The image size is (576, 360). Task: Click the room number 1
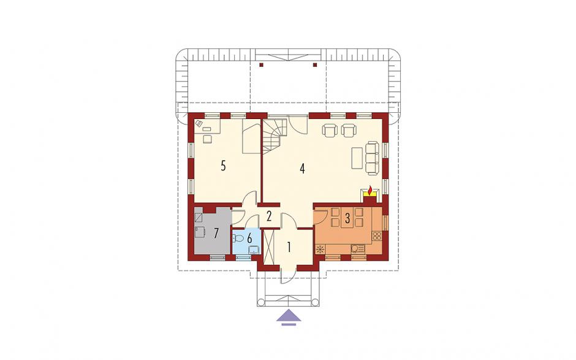[x=289, y=247]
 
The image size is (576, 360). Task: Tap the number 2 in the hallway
[x=269, y=216]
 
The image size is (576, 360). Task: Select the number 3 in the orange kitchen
[x=347, y=218]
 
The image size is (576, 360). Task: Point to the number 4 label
[x=302, y=169]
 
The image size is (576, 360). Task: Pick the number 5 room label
[x=223, y=166]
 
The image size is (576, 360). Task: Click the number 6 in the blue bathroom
[x=250, y=239]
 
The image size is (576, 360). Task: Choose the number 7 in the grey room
[x=216, y=233]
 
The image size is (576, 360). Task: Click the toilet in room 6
[x=238, y=239]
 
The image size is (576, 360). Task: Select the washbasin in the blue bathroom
[x=254, y=250]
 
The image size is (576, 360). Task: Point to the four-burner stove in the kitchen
[x=377, y=236]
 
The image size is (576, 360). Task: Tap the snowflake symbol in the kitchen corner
[x=320, y=249]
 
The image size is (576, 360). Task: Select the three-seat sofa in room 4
[x=372, y=157]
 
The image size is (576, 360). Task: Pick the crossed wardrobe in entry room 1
[x=269, y=247]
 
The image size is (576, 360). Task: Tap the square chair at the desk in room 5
[x=208, y=139]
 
